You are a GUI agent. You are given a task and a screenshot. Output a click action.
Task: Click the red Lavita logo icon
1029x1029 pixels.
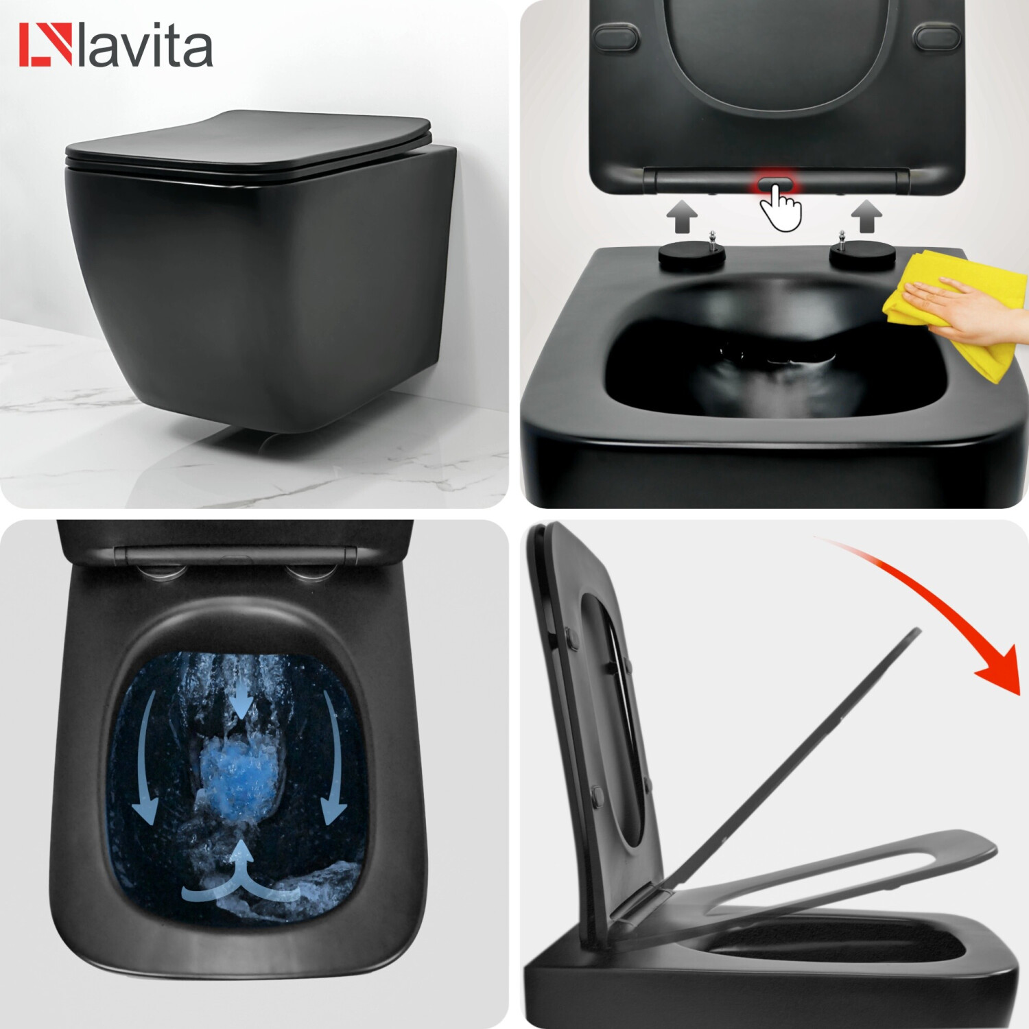pyautogui.click(x=45, y=45)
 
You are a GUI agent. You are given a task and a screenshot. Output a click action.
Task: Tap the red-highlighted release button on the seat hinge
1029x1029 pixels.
pyautogui.click(x=775, y=184)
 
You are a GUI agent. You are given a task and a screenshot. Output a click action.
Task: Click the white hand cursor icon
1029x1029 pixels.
pyautogui.click(x=781, y=208)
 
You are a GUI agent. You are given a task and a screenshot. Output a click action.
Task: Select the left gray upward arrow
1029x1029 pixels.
pyautogui.click(x=682, y=216)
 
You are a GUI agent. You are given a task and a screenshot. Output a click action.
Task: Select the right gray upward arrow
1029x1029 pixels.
pyautogui.click(x=866, y=216)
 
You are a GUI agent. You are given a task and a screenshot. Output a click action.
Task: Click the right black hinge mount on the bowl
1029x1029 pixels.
pyautogui.click(x=862, y=254)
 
